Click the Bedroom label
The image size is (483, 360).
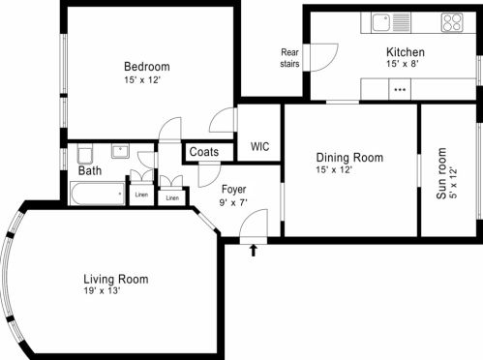pos(147,67)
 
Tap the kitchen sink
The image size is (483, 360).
pos(391,22)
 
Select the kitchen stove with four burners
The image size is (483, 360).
pos(452,22)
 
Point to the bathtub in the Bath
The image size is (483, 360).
pos(98,194)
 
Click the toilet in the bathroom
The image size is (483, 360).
pos(85,154)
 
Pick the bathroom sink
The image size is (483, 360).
pos(120,151)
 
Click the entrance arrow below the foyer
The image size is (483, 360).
pos(254,250)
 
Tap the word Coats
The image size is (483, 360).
pos(204,152)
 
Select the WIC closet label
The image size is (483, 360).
pos(259,147)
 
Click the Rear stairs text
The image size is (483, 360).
pos(289,58)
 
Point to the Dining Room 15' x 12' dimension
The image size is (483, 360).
pos(334,169)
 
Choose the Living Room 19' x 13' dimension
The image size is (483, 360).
pos(102,291)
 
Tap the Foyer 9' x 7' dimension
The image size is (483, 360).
pos(233,203)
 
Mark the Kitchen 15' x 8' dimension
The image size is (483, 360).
pos(403,64)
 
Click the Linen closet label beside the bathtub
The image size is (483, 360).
pos(141,195)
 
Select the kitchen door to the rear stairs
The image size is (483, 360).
pos(323,57)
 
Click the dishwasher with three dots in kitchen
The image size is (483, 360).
pos(400,89)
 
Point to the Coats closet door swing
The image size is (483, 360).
pos(209,176)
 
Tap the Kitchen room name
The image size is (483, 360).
pos(406,52)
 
